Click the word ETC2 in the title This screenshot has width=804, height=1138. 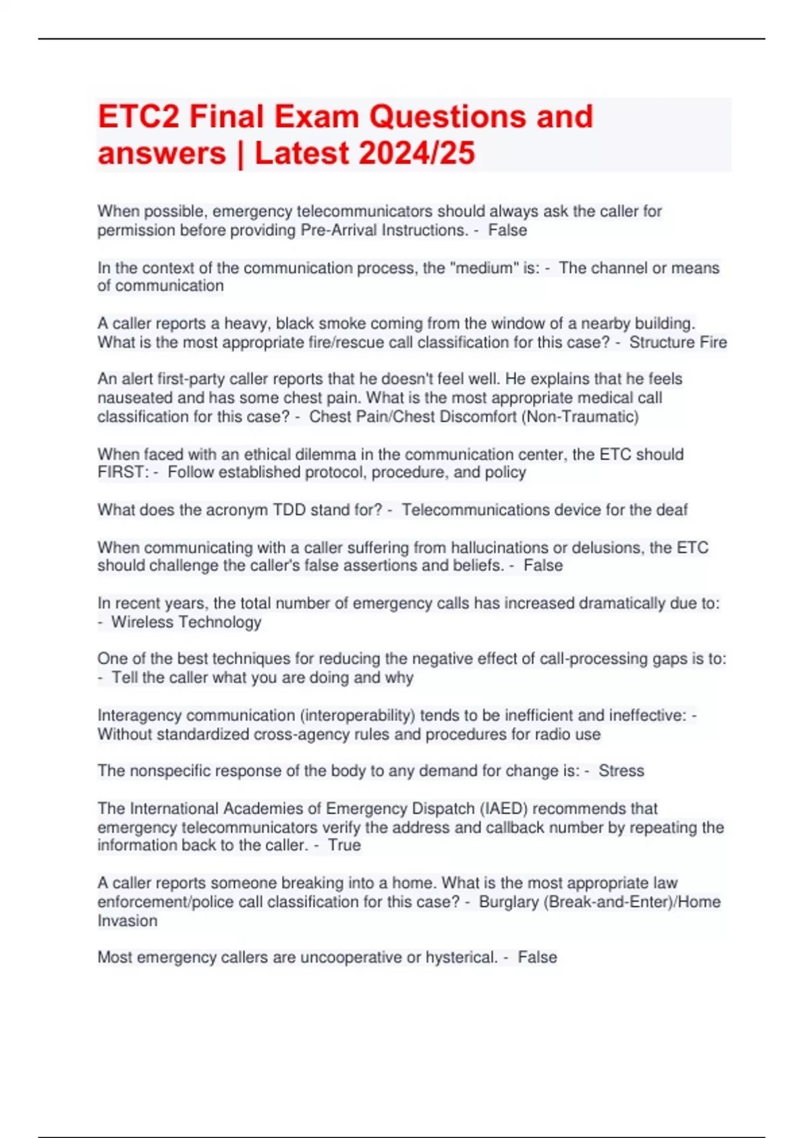coord(139,116)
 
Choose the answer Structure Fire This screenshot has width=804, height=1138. coord(677,342)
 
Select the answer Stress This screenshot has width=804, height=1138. coord(621,771)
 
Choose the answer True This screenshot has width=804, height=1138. coord(344,845)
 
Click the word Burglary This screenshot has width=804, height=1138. coord(509,902)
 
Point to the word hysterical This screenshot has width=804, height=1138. coord(461,957)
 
